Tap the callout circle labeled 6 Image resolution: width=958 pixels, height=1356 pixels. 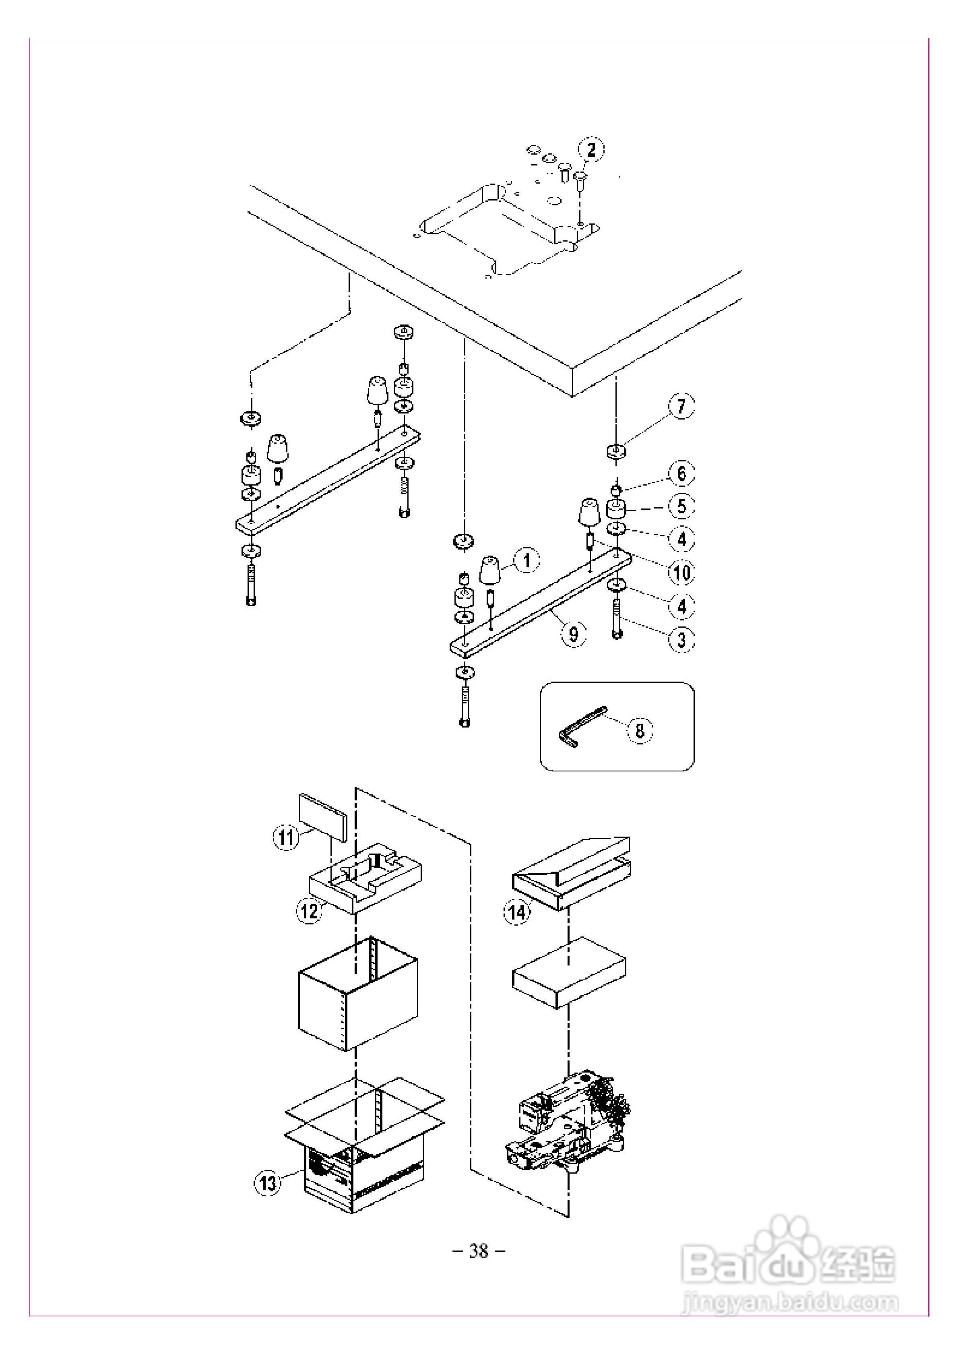[681, 473]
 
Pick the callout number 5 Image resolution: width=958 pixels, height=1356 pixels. [681, 506]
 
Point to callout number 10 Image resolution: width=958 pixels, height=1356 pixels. [681, 572]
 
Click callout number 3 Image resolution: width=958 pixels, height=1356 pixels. [681, 639]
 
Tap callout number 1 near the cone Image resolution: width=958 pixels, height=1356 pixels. [527, 560]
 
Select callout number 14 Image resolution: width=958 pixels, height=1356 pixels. [517, 912]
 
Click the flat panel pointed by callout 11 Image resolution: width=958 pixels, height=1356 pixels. [324, 817]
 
